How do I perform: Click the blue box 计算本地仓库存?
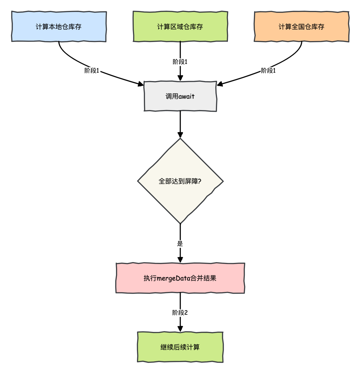point(59,26)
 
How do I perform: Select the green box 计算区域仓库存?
point(180,26)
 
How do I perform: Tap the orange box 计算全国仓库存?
point(302,26)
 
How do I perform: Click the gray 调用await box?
point(180,96)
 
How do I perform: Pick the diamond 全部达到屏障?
point(180,181)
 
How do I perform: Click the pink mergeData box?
point(180,278)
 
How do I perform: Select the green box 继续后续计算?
point(180,347)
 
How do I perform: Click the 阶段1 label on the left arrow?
point(92,71)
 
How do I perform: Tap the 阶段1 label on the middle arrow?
point(180,62)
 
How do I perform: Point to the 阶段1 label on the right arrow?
point(268,71)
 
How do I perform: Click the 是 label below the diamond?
point(180,244)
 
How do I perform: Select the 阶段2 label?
point(180,313)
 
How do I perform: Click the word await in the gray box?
point(187,96)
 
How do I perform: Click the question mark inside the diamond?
point(199,181)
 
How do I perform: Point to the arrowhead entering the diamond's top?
point(180,135)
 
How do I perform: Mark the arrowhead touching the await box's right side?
point(220,84)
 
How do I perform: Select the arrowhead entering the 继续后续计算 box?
point(180,329)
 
